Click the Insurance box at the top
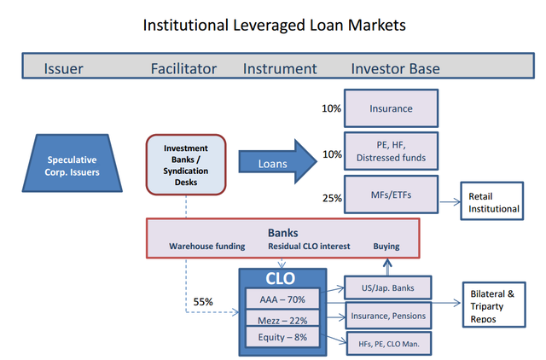click(x=391, y=108)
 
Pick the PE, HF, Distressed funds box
click(x=391, y=151)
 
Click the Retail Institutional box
click(x=492, y=202)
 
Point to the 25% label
click(x=332, y=199)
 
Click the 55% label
click(x=203, y=302)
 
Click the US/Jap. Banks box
click(x=388, y=287)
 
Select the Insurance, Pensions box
click(x=388, y=316)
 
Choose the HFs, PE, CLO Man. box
click(x=388, y=343)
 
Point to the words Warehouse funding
click(x=206, y=247)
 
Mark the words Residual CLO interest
click(x=305, y=247)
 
